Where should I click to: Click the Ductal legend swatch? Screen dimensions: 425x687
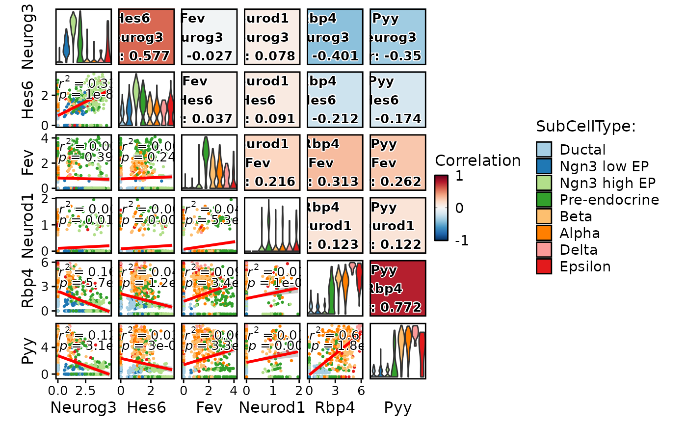click(x=544, y=150)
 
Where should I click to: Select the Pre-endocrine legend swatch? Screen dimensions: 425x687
click(x=544, y=200)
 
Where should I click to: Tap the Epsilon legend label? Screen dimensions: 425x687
click(x=585, y=266)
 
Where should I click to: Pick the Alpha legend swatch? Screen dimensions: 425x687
click(x=544, y=233)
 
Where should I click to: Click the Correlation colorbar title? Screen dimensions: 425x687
click(x=477, y=160)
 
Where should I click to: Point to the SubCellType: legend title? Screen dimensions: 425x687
click(x=586, y=127)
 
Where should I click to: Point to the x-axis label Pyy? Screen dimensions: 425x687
click(x=397, y=407)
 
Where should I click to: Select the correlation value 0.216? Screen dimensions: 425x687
click(x=274, y=182)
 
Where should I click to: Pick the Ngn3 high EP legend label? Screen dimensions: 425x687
click(x=608, y=183)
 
